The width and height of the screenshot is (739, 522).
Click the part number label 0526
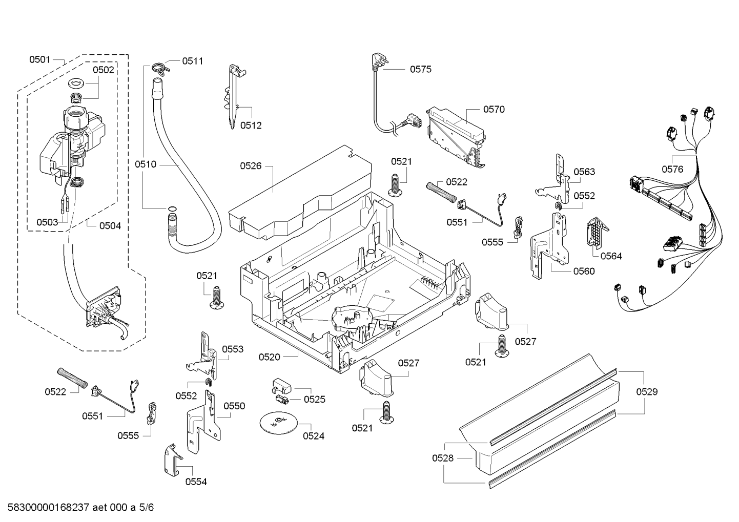[x=251, y=165]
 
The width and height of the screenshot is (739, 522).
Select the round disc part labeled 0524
[x=278, y=421]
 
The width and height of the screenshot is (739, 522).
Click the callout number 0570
[x=494, y=109]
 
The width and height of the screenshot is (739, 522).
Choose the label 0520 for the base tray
[x=269, y=357]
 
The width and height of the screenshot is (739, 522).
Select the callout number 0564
[x=611, y=256]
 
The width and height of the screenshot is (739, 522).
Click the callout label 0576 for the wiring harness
[x=672, y=169]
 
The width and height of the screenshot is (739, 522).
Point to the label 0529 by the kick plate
[x=647, y=392]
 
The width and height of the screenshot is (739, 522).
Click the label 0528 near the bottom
[x=442, y=458]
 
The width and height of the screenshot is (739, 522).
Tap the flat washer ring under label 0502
[x=76, y=82]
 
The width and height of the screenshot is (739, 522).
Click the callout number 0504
[x=110, y=225]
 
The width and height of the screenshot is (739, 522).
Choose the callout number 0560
[x=584, y=271]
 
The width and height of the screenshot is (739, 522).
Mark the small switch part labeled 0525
[x=280, y=392]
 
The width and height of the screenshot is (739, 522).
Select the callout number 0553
[x=233, y=349]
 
